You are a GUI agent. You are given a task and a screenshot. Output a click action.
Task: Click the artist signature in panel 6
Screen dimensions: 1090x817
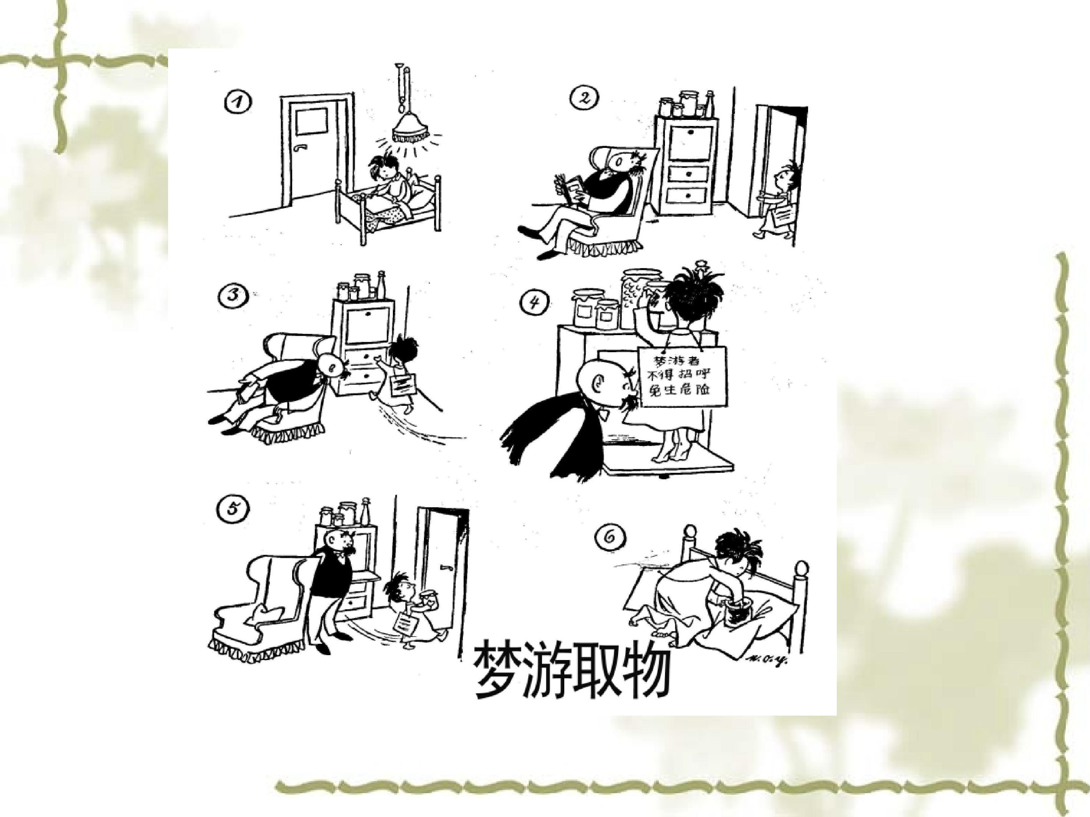click(x=767, y=659)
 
